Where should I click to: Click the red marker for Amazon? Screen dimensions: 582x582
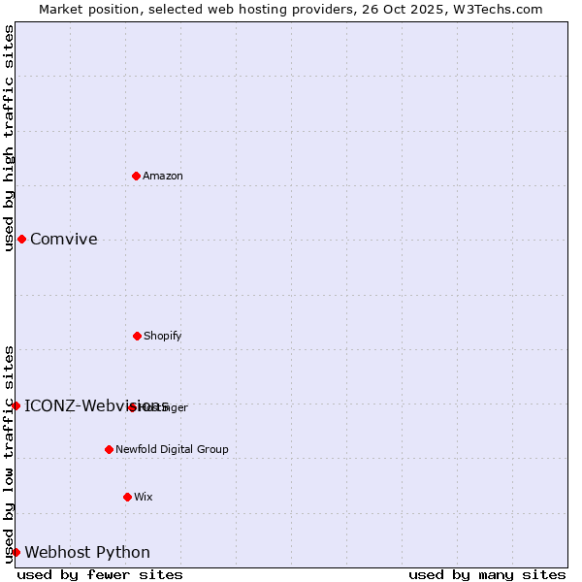pos(136,176)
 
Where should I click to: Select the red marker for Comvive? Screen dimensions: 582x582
pos(21,239)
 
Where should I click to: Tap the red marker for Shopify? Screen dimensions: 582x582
pos(137,336)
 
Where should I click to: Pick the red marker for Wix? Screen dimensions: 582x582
pos(127,497)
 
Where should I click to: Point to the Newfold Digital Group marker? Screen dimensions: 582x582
pos(109,449)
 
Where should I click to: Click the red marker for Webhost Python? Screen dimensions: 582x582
pos(16,552)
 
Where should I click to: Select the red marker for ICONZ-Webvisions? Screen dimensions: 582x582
pos(16,405)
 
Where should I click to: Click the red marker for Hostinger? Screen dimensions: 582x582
pos(132,407)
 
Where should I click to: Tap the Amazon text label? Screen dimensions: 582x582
pos(163,176)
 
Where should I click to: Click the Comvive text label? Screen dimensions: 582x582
pos(64,239)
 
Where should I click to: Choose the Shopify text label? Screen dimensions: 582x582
pos(163,336)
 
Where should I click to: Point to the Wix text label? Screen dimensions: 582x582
pos(144,497)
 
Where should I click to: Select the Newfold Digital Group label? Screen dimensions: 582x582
pos(172,449)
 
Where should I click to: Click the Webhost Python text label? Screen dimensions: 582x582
pos(87,552)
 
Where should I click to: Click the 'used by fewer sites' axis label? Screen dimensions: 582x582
pos(100,574)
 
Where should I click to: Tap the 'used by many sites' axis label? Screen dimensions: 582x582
pos(487,574)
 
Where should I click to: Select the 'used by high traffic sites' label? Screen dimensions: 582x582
pos(9,138)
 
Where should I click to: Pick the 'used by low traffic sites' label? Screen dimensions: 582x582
pos(9,453)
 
